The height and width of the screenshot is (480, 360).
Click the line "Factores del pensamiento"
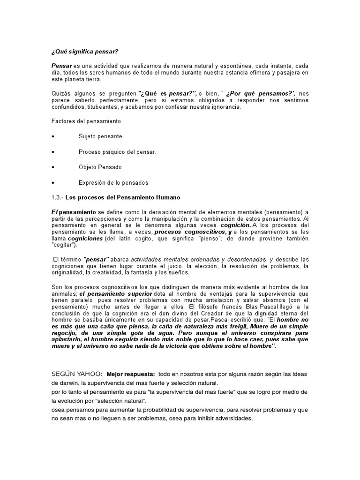[x=86, y=121]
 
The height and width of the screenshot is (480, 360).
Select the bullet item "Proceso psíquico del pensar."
[x=117, y=152]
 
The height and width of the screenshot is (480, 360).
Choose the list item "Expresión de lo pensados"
[x=113, y=182]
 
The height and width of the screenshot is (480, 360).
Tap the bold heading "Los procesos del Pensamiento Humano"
[x=122, y=197]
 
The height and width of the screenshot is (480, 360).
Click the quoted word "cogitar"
[x=64, y=245]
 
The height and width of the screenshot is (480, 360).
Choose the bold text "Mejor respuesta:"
[x=131, y=374]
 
